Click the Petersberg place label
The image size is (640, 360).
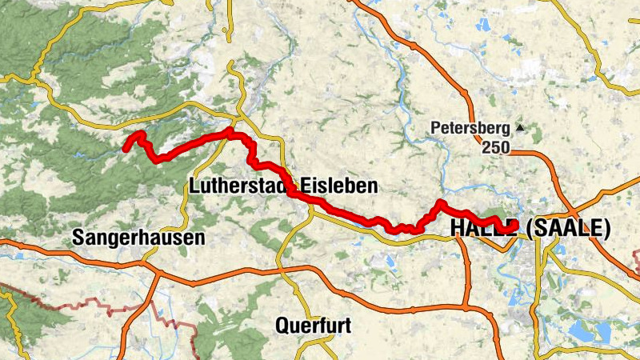(470, 127)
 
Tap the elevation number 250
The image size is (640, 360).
(495, 147)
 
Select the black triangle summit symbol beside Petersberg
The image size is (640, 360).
(521, 127)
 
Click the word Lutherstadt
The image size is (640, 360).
(238, 186)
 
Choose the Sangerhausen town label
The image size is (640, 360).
(138, 238)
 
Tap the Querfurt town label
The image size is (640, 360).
(313, 326)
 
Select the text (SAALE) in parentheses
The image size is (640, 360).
(569, 230)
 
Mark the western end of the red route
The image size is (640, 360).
(126, 147)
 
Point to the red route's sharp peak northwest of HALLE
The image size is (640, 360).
(439, 203)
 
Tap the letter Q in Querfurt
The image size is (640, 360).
(282, 326)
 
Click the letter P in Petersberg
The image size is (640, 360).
(436, 127)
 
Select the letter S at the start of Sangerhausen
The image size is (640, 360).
(78, 238)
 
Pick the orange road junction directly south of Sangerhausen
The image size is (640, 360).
(154, 273)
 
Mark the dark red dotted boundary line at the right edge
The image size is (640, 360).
(635, 260)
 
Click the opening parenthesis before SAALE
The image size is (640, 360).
(531, 230)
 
